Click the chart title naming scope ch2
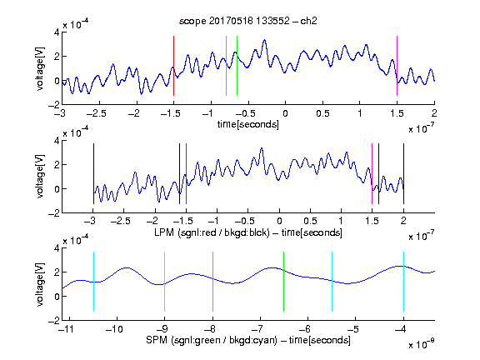tap(248, 21)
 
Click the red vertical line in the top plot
tap(173, 66)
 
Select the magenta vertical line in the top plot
tap(397, 66)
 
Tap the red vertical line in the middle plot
tap(186, 173)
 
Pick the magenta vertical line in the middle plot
tap(372, 173)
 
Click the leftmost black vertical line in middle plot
tap(93, 173)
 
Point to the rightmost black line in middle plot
tap(403, 173)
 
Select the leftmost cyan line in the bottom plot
tap(93, 282)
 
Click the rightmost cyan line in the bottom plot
tap(403, 282)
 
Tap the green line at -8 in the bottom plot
tap(212, 282)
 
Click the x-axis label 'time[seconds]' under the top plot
tap(248, 124)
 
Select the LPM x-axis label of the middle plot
tap(248, 232)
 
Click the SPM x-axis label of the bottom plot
tap(248, 340)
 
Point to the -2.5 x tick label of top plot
tap(97, 113)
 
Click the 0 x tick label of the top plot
tap(285, 113)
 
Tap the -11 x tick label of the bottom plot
tap(67, 329)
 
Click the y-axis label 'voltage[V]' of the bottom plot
tap(40, 284)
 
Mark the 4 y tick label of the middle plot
tap(57, 141)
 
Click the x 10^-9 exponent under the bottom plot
tap(421, 343)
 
